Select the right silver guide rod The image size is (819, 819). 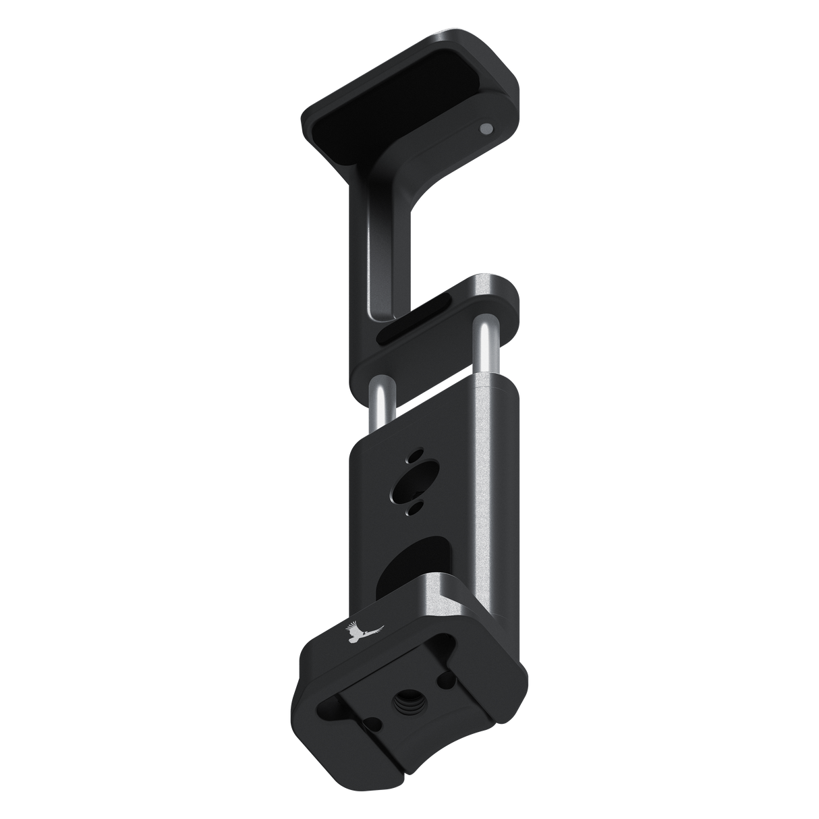485,351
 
